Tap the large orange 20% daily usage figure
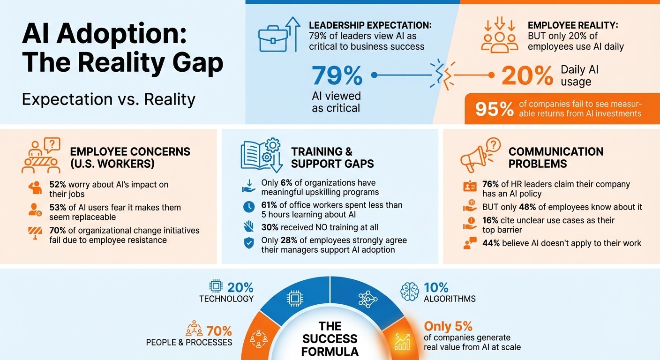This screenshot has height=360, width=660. [x=527, y=75]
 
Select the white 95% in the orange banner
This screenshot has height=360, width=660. [x=495, y=109]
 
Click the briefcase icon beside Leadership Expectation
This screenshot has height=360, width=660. [x=273, y=39]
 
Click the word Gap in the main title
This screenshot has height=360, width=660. [x=190, y=62]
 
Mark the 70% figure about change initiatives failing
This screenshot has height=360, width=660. [x=58, y=231]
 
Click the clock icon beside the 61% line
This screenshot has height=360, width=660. [x=249, y=206]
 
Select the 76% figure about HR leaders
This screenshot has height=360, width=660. [x=491, y=184]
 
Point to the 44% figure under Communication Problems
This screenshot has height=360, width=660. [x=491, y=243]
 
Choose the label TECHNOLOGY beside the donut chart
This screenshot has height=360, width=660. [x=226, y=299]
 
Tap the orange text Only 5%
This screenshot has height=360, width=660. [x=448, y=326]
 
